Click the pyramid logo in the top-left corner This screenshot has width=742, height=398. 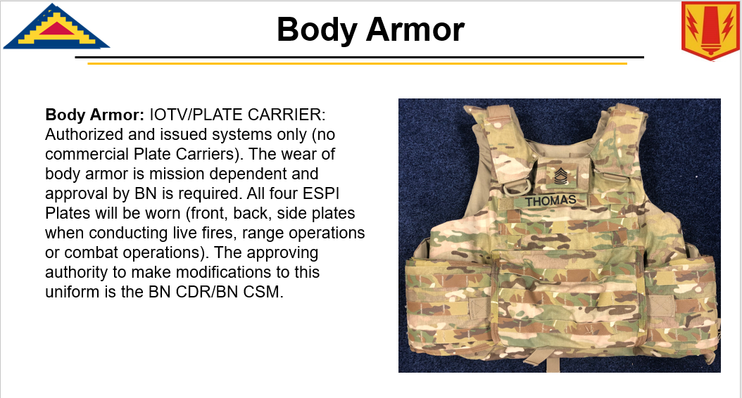[56, 27]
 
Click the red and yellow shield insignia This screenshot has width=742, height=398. [710, 31]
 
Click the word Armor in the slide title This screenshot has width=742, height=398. [415, 30]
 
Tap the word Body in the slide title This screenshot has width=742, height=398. [317, 30]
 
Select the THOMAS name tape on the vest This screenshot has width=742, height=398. [551, 201]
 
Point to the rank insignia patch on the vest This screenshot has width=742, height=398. [561, 176]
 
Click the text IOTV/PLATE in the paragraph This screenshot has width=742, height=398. [196, 115]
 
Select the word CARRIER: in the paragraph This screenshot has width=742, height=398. [287, 115]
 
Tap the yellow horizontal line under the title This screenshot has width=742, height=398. [358, 63]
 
